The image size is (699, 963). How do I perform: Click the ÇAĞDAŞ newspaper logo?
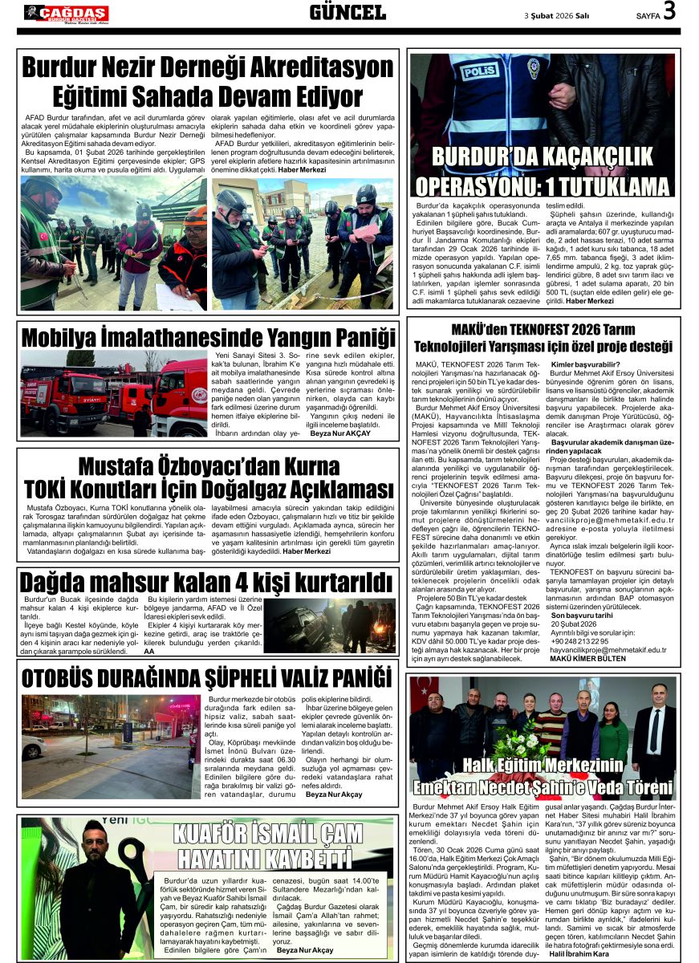click(x=66, y=13)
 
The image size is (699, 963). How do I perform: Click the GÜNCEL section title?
click(x=347, y=12)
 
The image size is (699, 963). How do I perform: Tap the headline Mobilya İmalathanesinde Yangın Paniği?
click(x=208, y=335)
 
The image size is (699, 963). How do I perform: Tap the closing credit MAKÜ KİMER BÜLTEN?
click(x=588, y=658)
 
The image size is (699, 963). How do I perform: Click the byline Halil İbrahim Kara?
click(x=580, y=953)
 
